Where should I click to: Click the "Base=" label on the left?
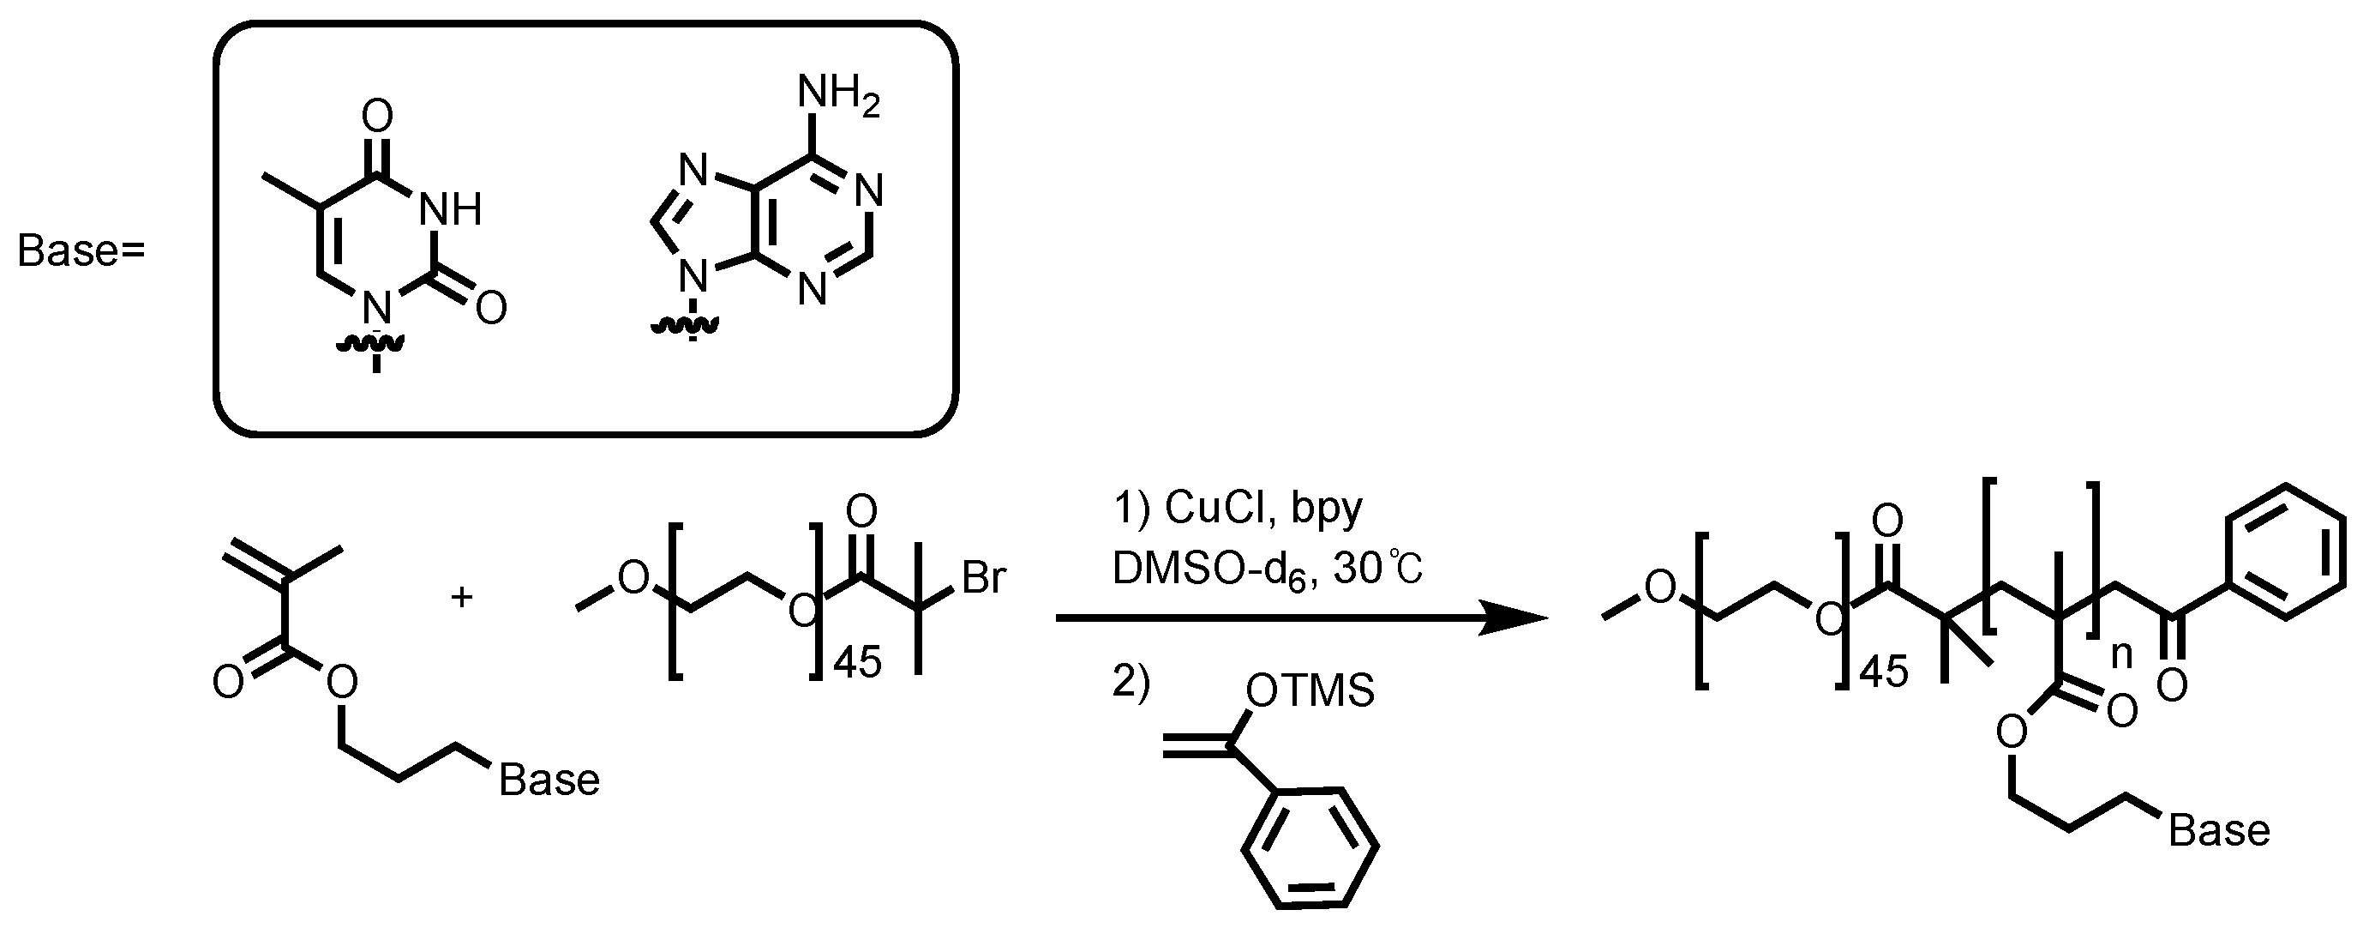coord(81,252)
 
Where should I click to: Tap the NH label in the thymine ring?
coord(450,210)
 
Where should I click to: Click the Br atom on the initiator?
coord(984,578)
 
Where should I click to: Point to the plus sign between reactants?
coord(461,598)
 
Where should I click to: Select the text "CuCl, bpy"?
coord(1263,508)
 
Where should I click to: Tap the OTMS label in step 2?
coord(1309,690)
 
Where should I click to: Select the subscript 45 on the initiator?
coord(856,662)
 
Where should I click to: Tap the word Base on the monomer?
coord(549,780)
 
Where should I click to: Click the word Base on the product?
coord(2219,831)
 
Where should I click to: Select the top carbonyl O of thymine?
coord(377,117)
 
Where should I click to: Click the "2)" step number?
coord(1131,683)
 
